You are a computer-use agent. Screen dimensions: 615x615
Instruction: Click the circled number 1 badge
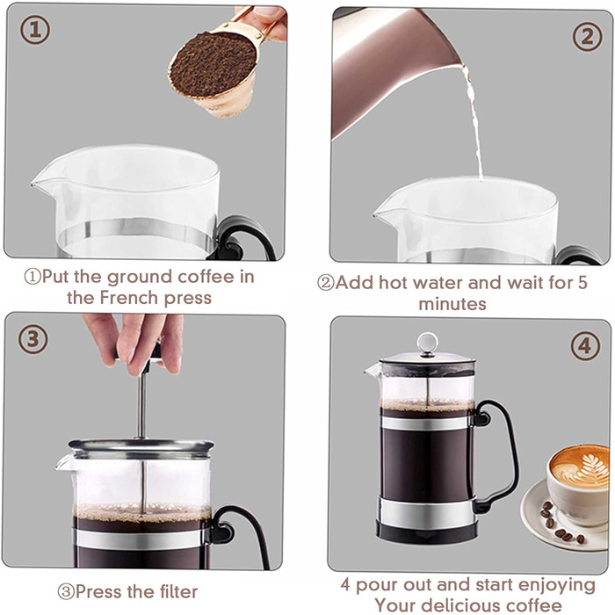tap(35, 30)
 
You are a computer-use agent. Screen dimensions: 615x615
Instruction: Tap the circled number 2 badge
tap(587, 37)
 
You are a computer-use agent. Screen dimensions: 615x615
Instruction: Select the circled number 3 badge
tap(33, 339)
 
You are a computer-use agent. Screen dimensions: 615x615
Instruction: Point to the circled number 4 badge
tap(585, 346)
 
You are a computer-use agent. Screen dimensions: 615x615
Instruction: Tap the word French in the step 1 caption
tap(129, 297)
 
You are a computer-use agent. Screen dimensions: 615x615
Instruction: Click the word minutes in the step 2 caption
tap(452, 304)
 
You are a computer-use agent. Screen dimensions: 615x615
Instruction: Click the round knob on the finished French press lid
tap(427, 344)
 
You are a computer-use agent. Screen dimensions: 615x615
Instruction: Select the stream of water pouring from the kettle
tap(474, 121)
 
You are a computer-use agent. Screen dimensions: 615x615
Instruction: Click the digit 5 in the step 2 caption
tap(582, 282)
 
